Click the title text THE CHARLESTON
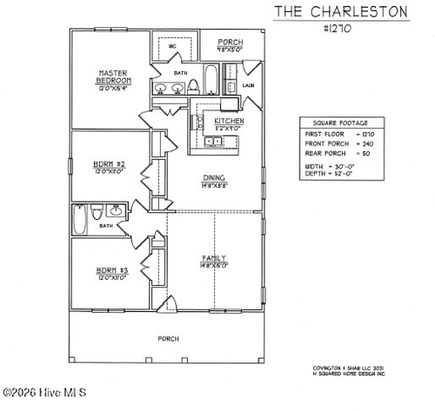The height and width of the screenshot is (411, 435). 341,11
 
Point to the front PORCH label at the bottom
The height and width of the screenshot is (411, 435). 168,338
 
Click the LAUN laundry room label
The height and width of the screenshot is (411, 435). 248,85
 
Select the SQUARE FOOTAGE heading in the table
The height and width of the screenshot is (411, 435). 333,123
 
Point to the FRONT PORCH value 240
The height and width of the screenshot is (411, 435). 368,143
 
